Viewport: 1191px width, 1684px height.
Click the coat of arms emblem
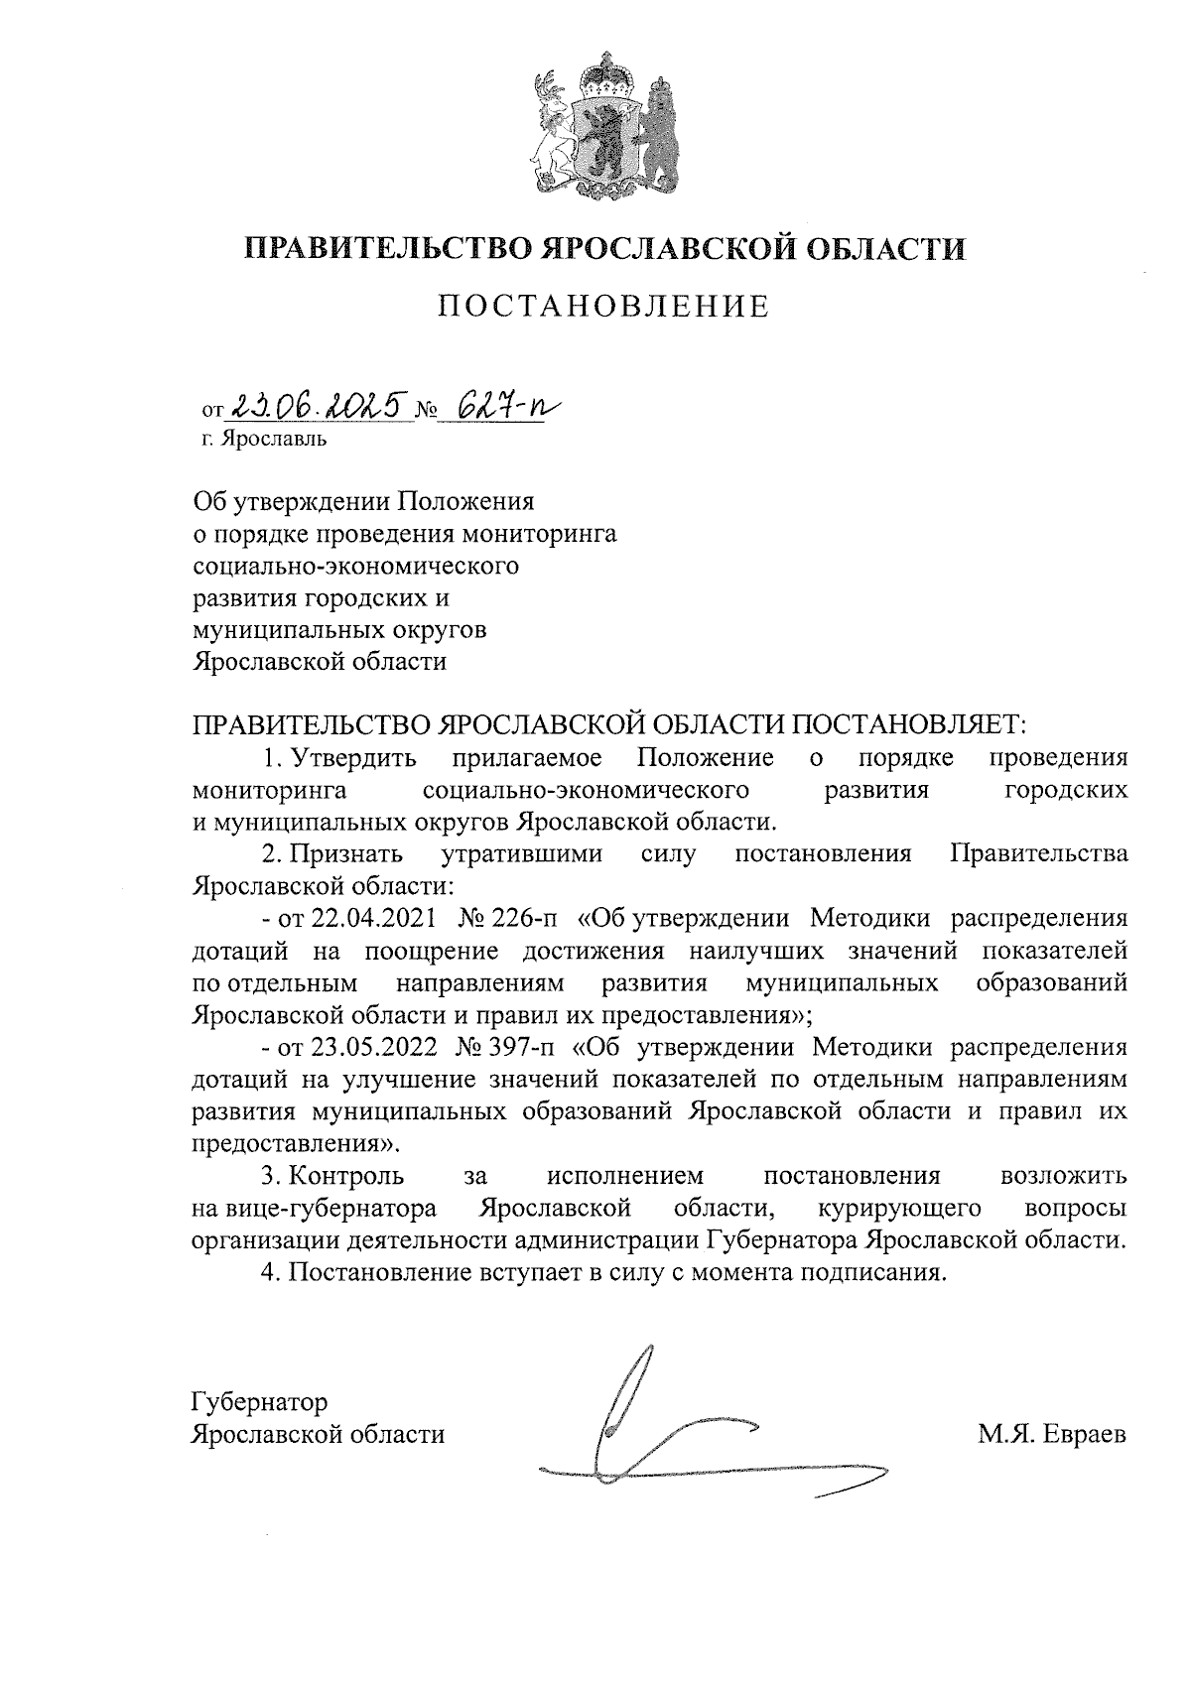tap(604, 125)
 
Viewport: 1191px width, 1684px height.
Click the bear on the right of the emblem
tap(656, 129)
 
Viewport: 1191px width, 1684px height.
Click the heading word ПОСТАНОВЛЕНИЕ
tap(604, 307)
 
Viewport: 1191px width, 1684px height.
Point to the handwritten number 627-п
tap(495, 404)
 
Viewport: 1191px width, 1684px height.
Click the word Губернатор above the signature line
tap(259, 1402)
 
